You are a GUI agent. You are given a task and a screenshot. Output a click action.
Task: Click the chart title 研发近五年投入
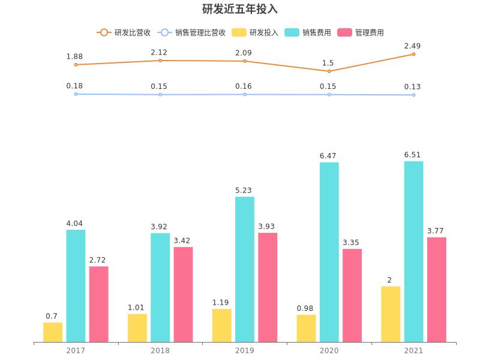(240, 10)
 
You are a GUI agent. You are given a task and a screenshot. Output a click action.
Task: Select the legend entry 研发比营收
(123, 32)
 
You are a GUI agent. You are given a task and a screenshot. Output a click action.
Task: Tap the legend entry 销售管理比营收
(191, 32)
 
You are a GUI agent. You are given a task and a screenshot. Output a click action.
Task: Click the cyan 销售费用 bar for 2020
(329, 252)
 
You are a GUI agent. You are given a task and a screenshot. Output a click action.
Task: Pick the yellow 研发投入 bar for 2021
(391, 314)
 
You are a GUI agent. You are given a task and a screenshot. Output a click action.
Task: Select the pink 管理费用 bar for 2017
(99, 304)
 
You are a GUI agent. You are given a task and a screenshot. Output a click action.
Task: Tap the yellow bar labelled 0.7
(53, 332)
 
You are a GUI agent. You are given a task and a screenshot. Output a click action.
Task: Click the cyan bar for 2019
(244, 269)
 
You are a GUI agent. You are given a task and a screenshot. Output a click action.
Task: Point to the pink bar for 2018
(183, 295)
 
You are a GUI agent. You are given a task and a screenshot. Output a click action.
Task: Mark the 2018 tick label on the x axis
(160, 350)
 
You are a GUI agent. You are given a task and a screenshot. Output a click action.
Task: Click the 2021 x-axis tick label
(413, 350)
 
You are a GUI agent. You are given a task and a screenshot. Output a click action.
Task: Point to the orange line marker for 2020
(329, 71)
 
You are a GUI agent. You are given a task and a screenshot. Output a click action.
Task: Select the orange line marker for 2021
(413, 54)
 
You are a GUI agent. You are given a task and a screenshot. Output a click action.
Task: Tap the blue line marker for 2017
(76, 94)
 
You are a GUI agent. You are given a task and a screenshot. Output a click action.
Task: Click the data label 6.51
(412, 155)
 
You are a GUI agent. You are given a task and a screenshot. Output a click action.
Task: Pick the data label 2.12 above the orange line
(159, 53)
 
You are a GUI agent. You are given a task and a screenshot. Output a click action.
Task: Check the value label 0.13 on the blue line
(412, 87)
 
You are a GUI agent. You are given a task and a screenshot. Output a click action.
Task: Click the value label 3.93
(268, 226)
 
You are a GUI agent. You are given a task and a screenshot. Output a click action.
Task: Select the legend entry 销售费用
(308, 32)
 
